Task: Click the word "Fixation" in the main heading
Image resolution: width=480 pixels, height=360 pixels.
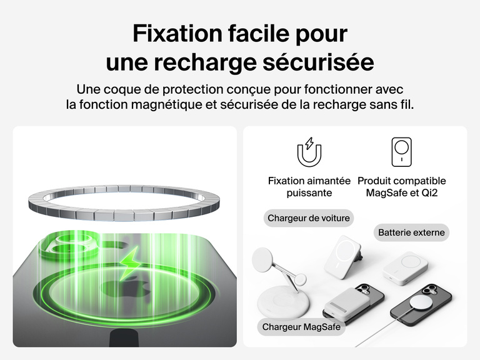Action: coord(177,33)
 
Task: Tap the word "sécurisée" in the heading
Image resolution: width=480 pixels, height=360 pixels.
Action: coord(318,62)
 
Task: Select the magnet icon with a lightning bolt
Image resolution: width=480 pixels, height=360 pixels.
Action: coord(309,152)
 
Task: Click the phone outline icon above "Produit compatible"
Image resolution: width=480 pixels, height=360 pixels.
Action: coord(402,152)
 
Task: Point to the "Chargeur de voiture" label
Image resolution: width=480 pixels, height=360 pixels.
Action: coord(309,218)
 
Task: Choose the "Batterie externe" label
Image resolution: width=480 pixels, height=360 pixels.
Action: coord(411,232)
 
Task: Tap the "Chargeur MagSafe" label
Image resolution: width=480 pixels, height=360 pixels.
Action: coord(301,327)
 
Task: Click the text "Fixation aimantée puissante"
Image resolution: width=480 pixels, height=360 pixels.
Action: coord(309,187)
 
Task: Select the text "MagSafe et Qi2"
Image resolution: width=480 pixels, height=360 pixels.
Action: coord(402,193)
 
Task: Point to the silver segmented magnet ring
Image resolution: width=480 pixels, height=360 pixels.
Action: coord(124,202)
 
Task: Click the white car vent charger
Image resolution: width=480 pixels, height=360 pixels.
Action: coord(343,256)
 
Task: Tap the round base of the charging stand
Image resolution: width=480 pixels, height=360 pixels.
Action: coord(284,302)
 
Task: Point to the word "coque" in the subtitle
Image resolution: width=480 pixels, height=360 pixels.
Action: coord(121,90)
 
